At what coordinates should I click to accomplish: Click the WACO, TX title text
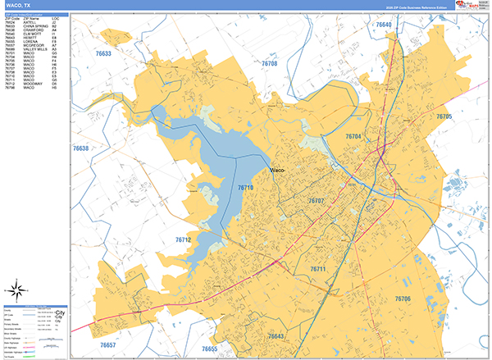[20, 6]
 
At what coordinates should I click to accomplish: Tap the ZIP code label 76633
[103, 53]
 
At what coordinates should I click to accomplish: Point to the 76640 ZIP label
[385, 25]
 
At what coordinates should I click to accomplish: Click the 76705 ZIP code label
[444, 117]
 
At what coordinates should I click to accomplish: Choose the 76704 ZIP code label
[353, 136]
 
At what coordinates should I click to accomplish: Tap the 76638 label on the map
[80, 148]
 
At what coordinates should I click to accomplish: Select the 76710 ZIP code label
[246, 188]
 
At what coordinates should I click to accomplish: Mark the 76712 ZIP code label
[183, 240]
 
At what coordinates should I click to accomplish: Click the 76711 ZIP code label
[318, 269]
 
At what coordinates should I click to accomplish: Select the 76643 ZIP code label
[276, 336]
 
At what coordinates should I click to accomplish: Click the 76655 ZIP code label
[210, 349]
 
